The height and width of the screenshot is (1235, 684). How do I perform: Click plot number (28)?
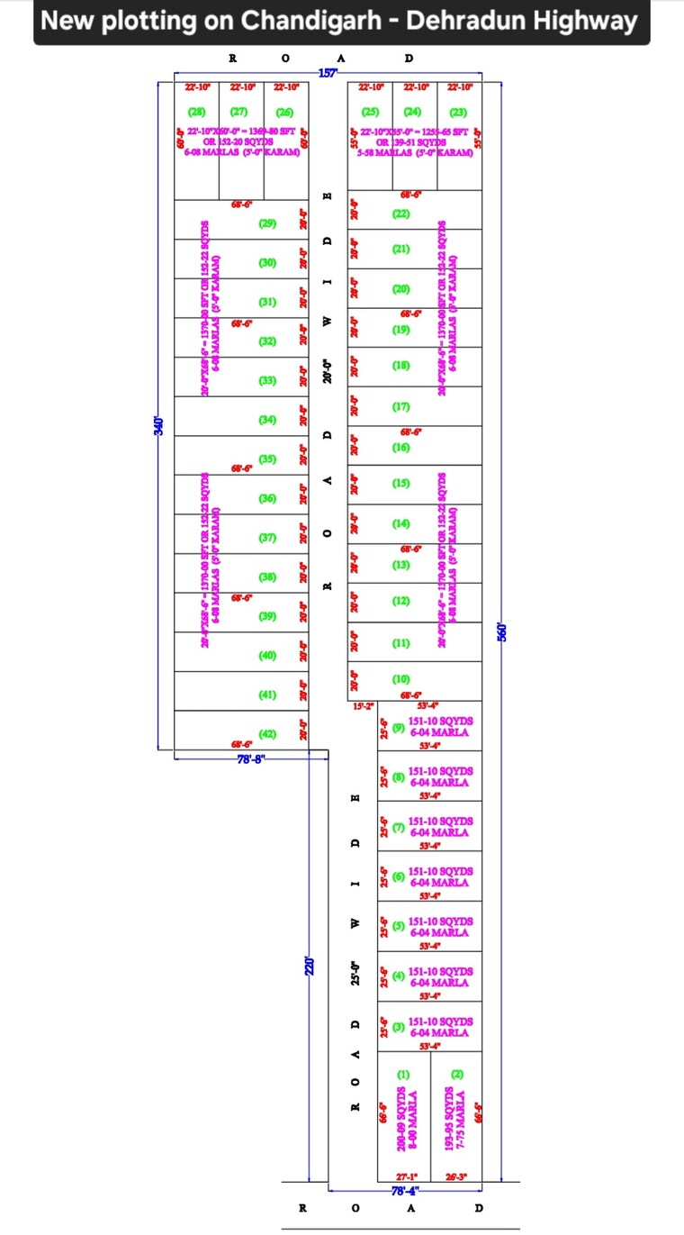(x=196, y=113)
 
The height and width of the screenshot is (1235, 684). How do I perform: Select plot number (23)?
(x=458, y=113)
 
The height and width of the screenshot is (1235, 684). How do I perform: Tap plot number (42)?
(x=267, y=734)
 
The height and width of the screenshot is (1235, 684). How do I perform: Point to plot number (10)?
(x=401, y=678)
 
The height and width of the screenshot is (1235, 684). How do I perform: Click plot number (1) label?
(x=403, y=1075)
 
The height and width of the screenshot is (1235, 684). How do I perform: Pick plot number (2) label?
(x=457, y=1075)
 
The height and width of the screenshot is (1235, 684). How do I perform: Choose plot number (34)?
(x=267, y=420)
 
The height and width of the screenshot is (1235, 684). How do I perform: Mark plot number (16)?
(x=401, y=448)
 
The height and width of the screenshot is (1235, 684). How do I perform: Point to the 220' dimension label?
(x=310, y=966)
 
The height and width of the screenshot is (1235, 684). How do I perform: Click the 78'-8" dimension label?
(x=250, y=759)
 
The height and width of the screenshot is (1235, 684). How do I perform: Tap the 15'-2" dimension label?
(x=362, y=705)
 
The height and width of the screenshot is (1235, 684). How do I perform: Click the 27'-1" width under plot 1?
(x=407, y=1176)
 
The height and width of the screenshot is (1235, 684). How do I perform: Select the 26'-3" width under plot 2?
(x=457, y=1176)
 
